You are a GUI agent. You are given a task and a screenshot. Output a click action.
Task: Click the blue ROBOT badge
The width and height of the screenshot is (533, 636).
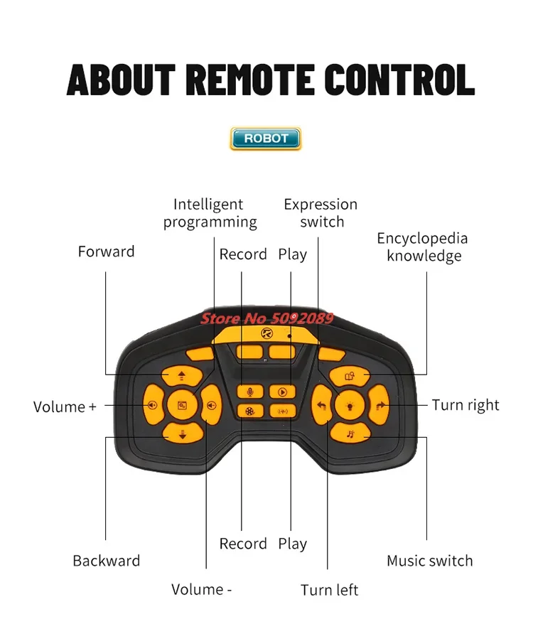pyautogui.click(x=266, y=139)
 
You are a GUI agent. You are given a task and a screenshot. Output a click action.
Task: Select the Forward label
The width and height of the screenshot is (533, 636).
pyautogui.click(x=106, y=252)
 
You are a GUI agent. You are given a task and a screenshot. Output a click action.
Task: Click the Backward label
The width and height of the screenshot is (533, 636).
pyautogui.click(x=107, y=561)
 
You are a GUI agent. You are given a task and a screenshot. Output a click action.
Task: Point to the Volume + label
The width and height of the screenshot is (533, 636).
pyautogui.click(x=65, y=407)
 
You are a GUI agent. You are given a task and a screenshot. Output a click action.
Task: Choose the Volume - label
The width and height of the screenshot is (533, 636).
pyautogui.click(x=202, y=589)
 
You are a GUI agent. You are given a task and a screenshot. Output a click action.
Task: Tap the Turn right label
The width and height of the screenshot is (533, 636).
pyautogui.click(x=465, y=405)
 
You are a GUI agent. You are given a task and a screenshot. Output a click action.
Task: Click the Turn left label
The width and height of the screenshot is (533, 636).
pyautogui.click(x=329, y=590)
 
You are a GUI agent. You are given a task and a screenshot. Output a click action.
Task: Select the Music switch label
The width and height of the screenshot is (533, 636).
pyautogui.click(x=429, y=561)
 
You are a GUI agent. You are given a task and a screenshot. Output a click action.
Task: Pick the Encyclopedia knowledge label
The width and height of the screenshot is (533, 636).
pyautogui.click(x=423, y=247)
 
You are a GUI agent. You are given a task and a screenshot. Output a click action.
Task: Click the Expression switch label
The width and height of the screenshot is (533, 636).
pyautogui.click(x=321, y=213)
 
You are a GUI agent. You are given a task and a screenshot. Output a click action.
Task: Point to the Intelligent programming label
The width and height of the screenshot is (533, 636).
pyautogui.click(x=210, y=213)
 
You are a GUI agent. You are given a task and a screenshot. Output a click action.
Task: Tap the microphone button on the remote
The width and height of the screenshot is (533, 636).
pyautogui.click(x=249, y=392)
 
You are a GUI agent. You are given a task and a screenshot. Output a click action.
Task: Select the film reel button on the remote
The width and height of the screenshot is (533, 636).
pyautogui.click(x=249, y=410)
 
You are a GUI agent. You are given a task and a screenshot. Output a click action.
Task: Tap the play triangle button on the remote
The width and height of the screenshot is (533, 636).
pyautogui.click(x=282, y=392)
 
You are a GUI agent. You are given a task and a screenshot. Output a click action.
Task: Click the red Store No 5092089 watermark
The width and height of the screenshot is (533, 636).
pyautogui.click(x=266, y=318)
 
